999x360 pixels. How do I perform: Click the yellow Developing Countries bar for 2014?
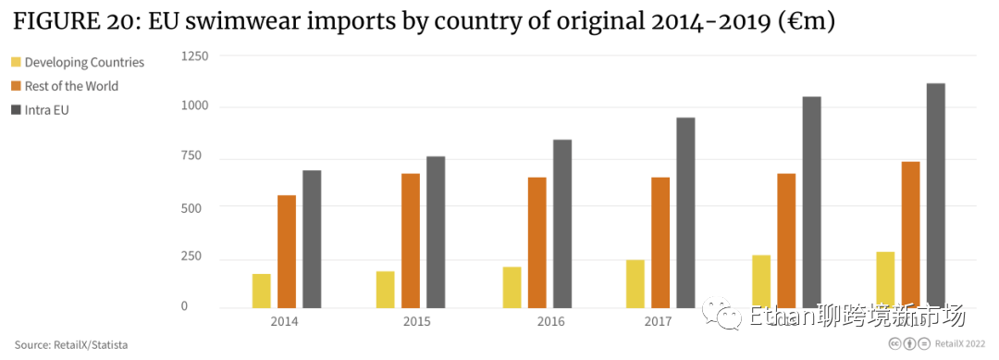pyautogui.click(x=261, y=291)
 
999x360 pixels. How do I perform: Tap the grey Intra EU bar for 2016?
pyautogui.click(x=562, y=224)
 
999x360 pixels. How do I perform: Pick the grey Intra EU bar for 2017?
pyautogui.click(x=685, y=213)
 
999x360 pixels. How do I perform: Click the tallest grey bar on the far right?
pyautogui.click(x=935, y=195)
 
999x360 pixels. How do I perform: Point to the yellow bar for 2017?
pyautogui.click(x=635, y=283)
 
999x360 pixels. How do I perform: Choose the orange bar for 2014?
pyautogui.click(x=287, y=252)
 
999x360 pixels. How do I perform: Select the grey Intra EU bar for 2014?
pyautogui.click(x=312, y=239)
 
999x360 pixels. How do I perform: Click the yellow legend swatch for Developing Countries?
pyautogui.click(x=16, y=63)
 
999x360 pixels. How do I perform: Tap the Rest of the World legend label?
pyautogui.click(x=71, y=86)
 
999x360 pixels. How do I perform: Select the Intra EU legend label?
pyautogui.click(x=47, y=110)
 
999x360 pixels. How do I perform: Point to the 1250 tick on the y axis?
pyautogui.click(x=195, y=57)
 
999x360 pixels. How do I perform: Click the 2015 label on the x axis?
pyautogui.click(x=416, y=321)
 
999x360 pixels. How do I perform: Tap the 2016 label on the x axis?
pyautogui.click(x=550, y=321)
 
